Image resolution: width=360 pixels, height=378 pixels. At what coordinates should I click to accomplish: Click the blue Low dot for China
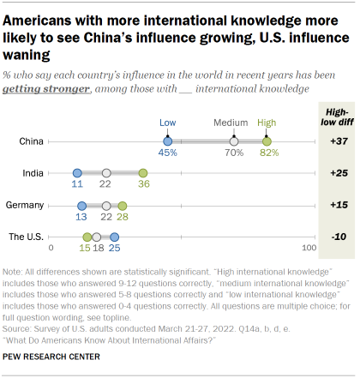[168, 141]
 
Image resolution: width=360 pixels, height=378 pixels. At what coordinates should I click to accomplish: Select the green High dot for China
[267, 141]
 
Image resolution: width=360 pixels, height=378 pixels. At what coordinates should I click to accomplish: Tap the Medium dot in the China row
[235, 141]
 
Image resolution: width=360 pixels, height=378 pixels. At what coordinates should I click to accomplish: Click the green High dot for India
[144, 173]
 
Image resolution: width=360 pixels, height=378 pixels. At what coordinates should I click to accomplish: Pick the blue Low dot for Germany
[82, 206]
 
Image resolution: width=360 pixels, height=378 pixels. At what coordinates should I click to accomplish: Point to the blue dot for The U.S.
[115, 237]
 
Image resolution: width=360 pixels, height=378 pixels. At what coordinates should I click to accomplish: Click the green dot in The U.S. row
[87, 237]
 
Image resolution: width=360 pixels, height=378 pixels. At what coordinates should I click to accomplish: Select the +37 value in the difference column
[337, 141]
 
